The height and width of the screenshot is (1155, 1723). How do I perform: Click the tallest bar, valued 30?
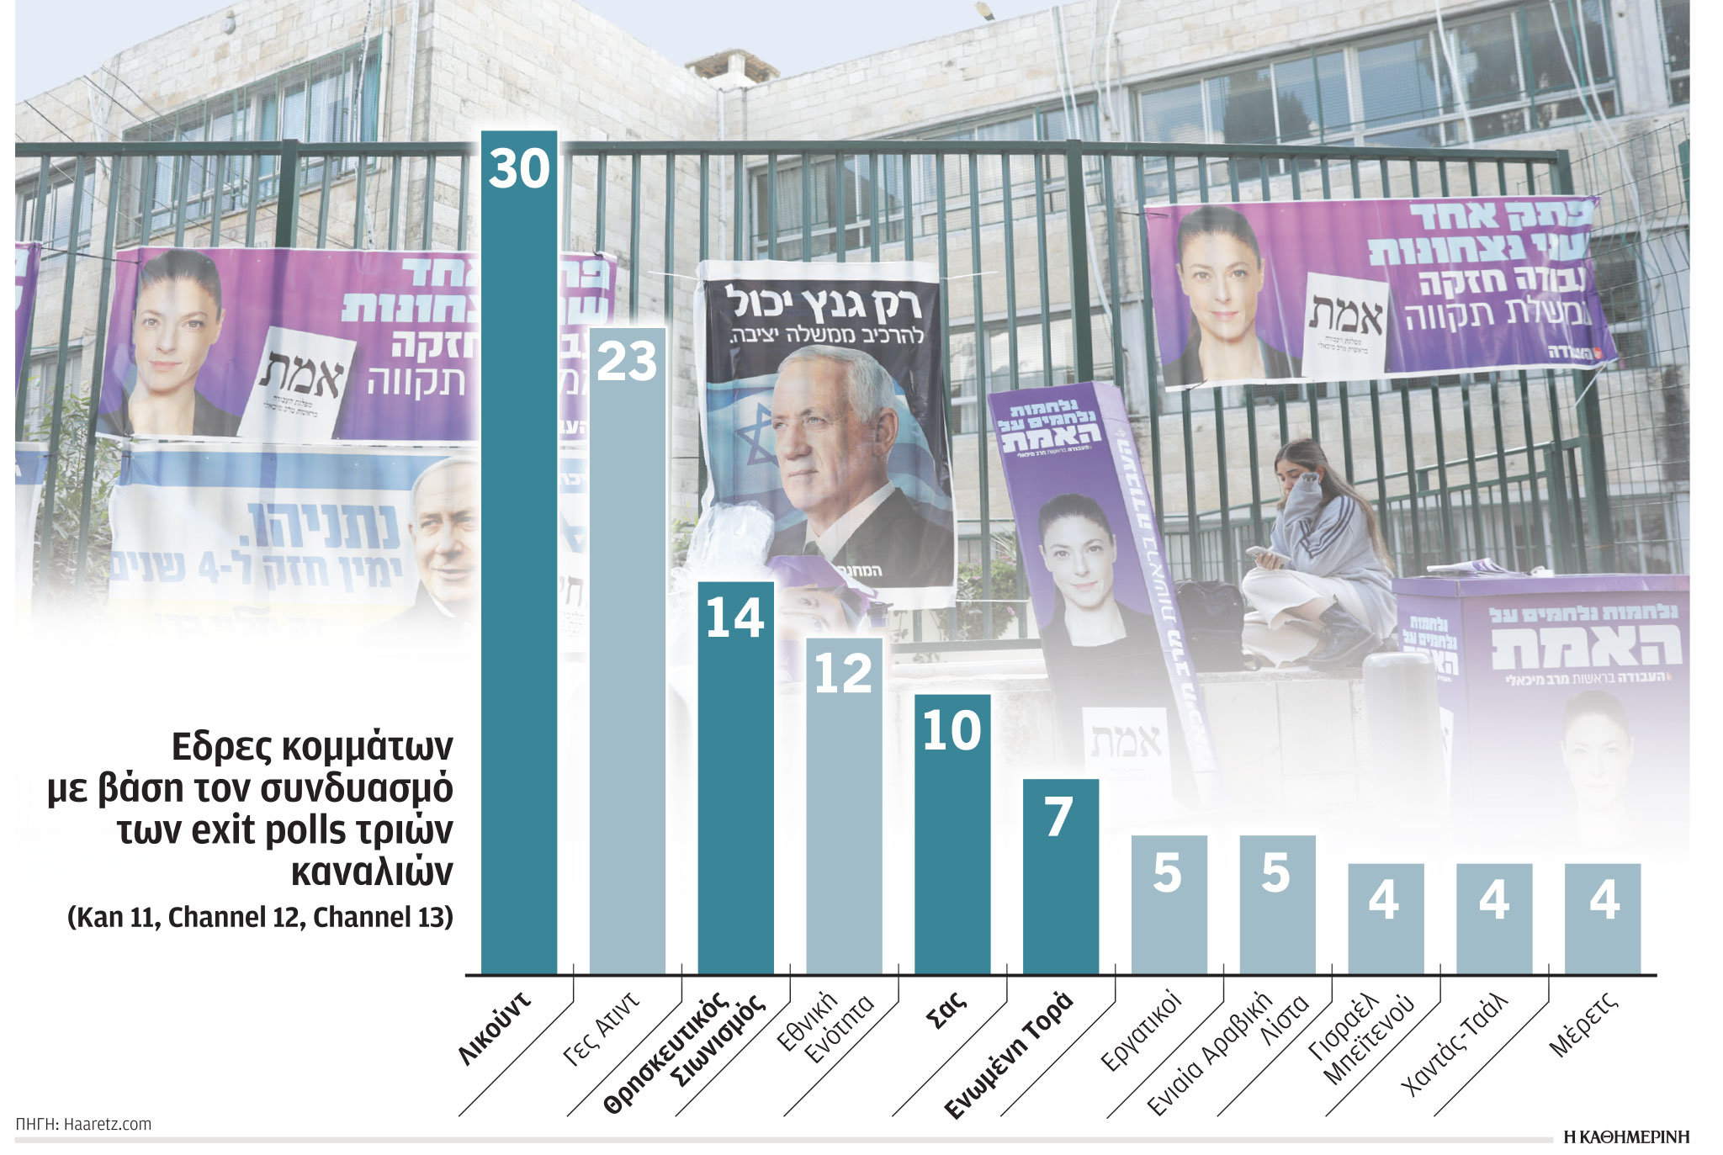518,555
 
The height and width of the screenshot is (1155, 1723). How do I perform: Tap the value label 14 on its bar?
734,618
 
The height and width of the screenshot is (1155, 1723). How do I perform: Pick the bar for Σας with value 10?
952,833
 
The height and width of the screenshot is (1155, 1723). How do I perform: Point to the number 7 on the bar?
1059,817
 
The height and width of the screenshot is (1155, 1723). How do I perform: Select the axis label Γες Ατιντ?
601,1029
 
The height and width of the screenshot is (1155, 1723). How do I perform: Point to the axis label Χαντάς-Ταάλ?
1453,1044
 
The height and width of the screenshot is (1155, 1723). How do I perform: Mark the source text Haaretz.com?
108,1124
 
